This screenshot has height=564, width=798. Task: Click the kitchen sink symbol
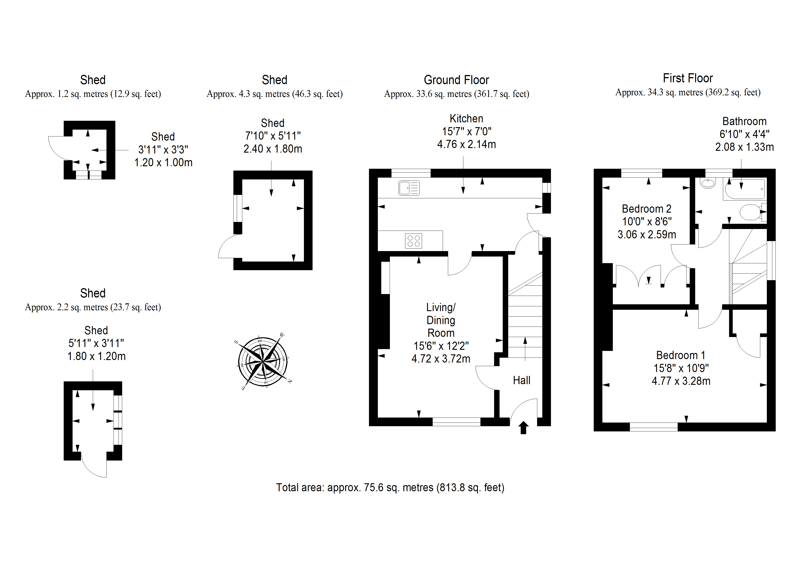(x=409, y=188)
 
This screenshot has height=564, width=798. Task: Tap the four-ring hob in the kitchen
(x=413, y=241)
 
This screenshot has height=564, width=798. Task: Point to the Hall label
(x=521, y=380)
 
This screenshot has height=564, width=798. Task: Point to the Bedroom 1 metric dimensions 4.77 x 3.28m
(x=681, y=381)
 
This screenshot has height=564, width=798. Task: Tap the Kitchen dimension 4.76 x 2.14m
(x=466, y=144)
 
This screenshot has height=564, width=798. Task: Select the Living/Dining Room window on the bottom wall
(x=456, y=422)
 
